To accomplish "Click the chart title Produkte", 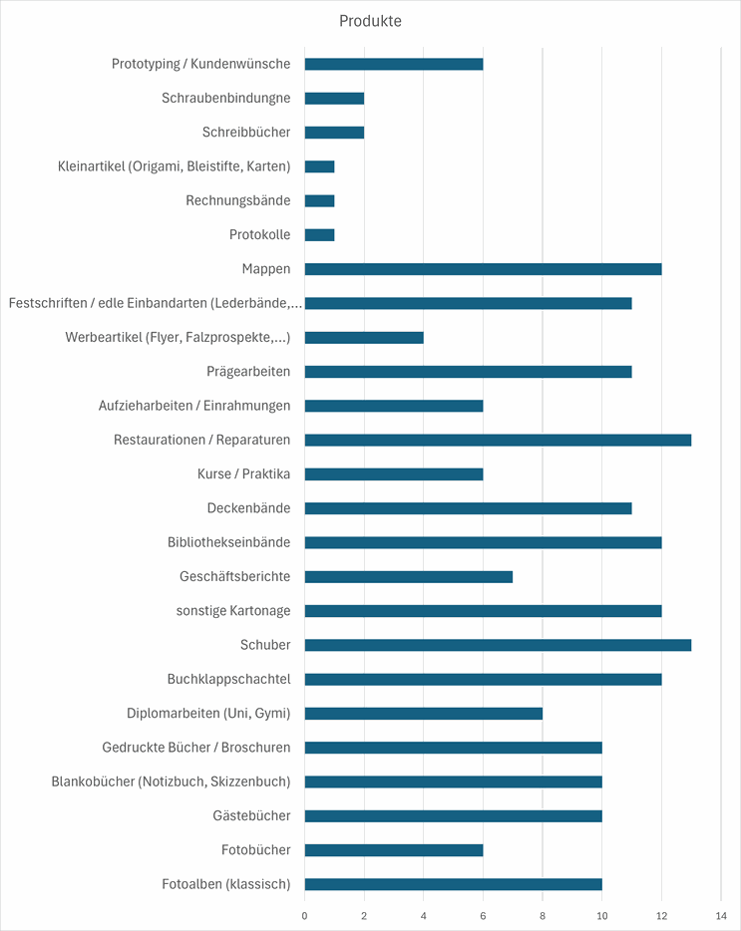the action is [x=370, y=21].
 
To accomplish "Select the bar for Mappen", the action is [x=483, y=269].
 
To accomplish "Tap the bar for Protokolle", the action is [x=320, y=235].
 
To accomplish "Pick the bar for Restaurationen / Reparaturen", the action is [x=498, y=440].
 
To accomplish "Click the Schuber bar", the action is [x=498, y=645].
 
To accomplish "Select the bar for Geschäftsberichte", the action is [x=409, y=576].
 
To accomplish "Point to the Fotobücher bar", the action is [x=394, y=850].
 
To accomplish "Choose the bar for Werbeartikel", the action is [x=364, y=337].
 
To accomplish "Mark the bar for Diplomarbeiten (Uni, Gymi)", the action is [x=424, y=713].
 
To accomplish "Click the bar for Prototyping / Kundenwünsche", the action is [x=394, y=64].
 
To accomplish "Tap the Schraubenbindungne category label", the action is [x=225, y=98].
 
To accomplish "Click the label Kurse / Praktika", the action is [x=243, y=473].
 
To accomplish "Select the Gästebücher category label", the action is [x=251, y=815].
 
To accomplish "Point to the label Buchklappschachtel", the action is [x=228, y=679].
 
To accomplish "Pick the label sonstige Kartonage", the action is [x=233, y=611].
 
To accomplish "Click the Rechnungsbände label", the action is [x=237, y=200].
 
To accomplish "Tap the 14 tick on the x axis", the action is [x=721, y=916].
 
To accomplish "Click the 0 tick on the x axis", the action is [x=305, y=916].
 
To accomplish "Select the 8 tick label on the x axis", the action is [x=543, y=916].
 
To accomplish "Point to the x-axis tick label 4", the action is [x=424, y=916].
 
